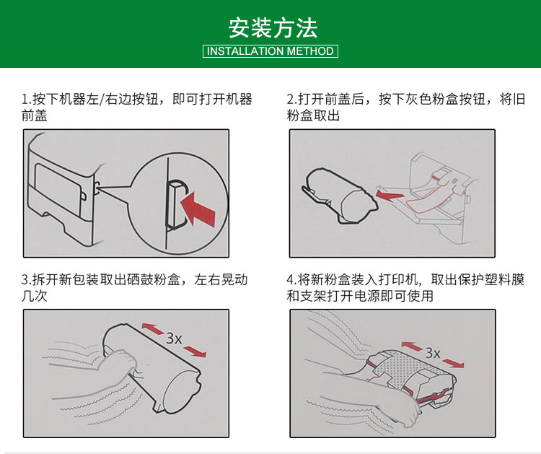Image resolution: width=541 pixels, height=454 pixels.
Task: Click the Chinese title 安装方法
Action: (x=273, y=28)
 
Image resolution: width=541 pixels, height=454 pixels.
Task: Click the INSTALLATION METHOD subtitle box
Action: (x=270, y=51)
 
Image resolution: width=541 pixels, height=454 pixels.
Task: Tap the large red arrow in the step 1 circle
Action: (x=198, y=209)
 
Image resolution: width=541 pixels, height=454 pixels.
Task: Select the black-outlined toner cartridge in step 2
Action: (x=340, y=196)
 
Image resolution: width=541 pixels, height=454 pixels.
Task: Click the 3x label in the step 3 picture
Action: (x=174, y=339)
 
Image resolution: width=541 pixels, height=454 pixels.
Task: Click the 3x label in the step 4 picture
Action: (x=433, y=353)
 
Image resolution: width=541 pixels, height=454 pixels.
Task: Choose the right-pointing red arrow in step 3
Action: (x=195, y=350)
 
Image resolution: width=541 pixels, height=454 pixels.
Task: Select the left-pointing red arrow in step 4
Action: (x=412, y=346)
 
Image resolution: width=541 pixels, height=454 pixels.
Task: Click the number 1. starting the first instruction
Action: (x=26, y=100)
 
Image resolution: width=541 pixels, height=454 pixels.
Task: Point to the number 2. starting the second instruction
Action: (x=292, y=99)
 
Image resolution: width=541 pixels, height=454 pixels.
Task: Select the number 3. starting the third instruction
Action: (x=26, y=279)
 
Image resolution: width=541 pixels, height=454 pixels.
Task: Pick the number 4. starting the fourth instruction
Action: (x=291, y=279)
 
